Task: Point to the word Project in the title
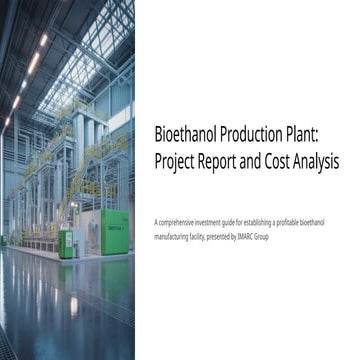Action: click(x=179, y=160)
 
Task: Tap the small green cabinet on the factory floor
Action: click(x=65, y=243)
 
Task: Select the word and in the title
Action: click(x=265, y=160)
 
